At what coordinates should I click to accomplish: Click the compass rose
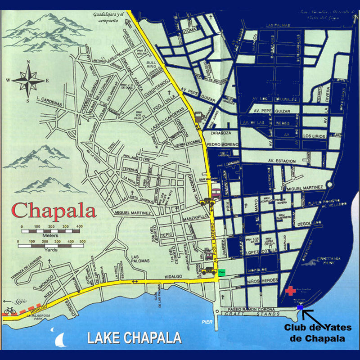pyautogui.click(x=28, y=80)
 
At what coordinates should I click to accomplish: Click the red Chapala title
pyautogui.click(x=54, y=209)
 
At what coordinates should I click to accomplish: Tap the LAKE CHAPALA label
pyautogui.click(x=135, y=337)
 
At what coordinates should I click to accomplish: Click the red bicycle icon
pyautogui.click(x=9, y=310)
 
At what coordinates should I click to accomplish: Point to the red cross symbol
pyautogui.click(x=291, y=290)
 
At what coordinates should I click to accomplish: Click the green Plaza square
pyautogui.click(x=222, y=272)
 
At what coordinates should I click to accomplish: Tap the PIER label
pyautogui.click(x=206, y=321)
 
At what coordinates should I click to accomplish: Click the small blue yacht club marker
pyautogui.click(x=300, y=307)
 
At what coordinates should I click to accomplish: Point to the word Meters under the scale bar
pyautogui.click(x=50, y=234)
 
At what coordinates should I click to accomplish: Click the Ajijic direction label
pyautogui.click(x=14, y=301)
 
